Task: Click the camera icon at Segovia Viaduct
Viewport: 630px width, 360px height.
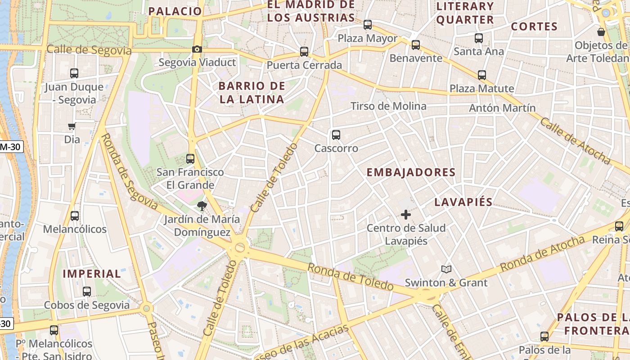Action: pyautogui.click(x=197, y=49)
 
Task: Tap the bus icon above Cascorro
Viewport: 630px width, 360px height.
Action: pyautogui.click(x=336, y=135)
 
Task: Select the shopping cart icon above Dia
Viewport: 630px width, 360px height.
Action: pyautogui.click(x=72, y=126)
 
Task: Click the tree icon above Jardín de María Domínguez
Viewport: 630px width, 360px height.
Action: pyautogui.click(x=202, y=206)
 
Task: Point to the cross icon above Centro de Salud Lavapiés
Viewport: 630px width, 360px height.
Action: pyautogui.click(x=406, y=215)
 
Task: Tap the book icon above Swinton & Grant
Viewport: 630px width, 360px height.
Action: pyautogui.click(x=446, y=269)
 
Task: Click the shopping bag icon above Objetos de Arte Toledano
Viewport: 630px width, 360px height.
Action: pyautogui.click(x=601, y=32)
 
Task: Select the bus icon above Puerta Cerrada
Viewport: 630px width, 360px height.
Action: pyautogui.click(x=304, y=52)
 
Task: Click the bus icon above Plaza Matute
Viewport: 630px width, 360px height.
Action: pyautogui.click(x=482, y=75)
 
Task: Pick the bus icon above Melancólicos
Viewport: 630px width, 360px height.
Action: pyautogui.click(x=75, y=216)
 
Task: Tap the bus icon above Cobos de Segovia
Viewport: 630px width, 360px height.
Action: pyautogui.click(x=87, y=292)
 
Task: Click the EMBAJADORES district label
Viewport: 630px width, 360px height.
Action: pyautogui.click(x=411, y=172)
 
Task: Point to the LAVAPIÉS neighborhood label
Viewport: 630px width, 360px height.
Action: pyautogui.click(x=463, y=202)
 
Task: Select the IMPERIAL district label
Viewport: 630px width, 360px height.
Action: pyautogui.click(x=92, y=274)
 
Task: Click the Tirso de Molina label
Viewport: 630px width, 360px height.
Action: pyautogui.click(x=388, y=106)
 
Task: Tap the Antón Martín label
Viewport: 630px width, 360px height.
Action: pyautogui.click(x=502, y=108)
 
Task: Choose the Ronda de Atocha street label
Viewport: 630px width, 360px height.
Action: pyautogui.click(x=542, y=254)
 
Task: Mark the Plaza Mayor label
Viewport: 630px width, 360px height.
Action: pyautogui.click(x=368, y=38)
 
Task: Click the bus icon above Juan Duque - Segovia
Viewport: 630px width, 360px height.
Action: pyautogui.click(x=74, y=73)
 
